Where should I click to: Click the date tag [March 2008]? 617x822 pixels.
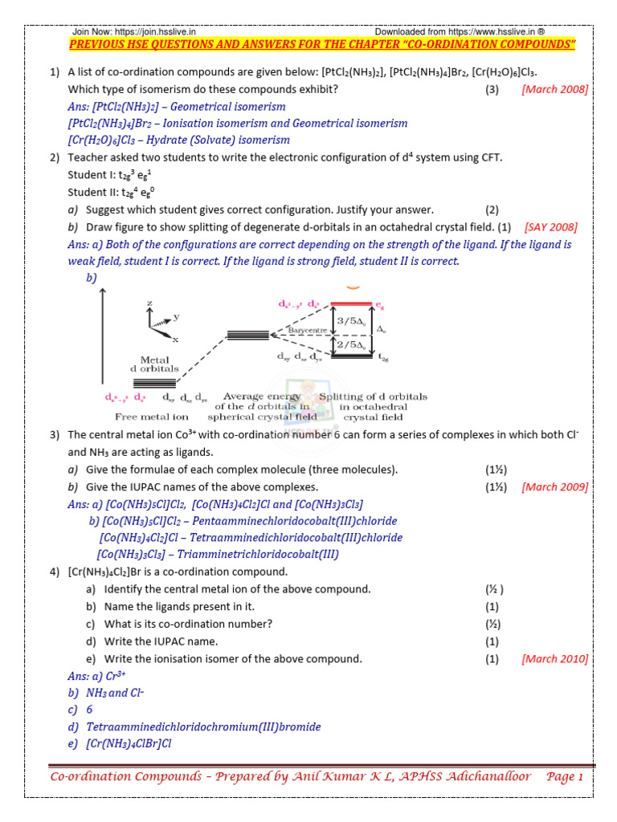tap(554, 89)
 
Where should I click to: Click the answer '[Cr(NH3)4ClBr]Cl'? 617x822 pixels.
tap(129, 743)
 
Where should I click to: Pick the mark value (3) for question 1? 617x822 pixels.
tap(492, 89)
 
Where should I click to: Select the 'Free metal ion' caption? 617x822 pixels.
tap(141, 417)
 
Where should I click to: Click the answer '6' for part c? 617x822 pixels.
tap(89, 710)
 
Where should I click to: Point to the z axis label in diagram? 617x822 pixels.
tap(149, 303)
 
